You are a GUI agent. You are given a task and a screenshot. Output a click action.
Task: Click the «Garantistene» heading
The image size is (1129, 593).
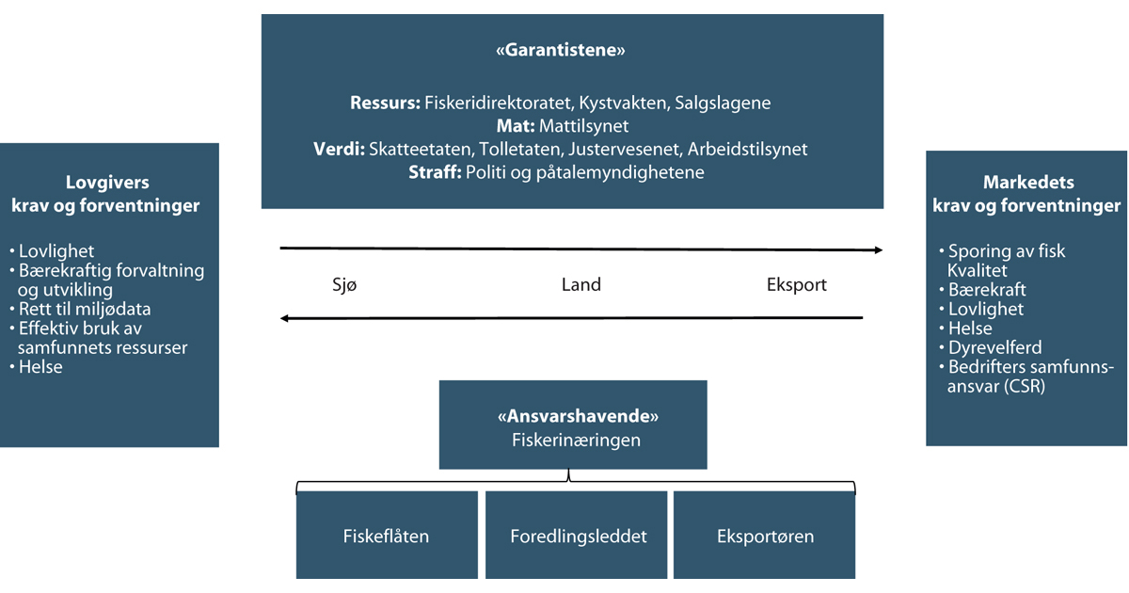[x=561, y=52]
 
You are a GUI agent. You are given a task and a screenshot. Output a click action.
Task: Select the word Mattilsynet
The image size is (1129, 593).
[x=583, y=126]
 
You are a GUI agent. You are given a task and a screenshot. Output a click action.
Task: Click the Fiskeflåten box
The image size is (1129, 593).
[x=386, y=537]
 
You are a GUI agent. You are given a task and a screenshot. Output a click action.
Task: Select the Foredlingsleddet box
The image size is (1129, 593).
[x=578, y=537]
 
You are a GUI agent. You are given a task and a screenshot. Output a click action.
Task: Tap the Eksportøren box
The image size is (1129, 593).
[x=765, y=537]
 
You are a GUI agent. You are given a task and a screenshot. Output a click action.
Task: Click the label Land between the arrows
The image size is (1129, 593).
[x=580, y=284]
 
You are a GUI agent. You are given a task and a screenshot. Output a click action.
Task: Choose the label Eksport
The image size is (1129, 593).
[x=797, y=284]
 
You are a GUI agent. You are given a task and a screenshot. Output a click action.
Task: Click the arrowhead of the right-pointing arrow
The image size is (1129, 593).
[x=878, y=250]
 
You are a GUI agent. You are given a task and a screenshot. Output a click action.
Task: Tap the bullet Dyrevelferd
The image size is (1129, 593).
[x=994, y=347]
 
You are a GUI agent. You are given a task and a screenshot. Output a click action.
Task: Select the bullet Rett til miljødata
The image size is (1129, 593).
[x=85, y=309]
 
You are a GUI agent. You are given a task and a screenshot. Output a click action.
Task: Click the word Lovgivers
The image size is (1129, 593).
[x=107, y=184]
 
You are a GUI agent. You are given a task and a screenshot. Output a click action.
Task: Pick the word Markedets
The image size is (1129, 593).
[x=1026, y=183]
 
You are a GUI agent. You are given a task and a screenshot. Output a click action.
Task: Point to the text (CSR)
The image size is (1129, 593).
[x=1026, y=386]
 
